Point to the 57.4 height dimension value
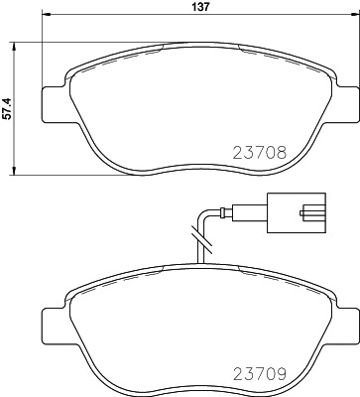pos(8,105)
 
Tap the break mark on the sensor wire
pos(202,238)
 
